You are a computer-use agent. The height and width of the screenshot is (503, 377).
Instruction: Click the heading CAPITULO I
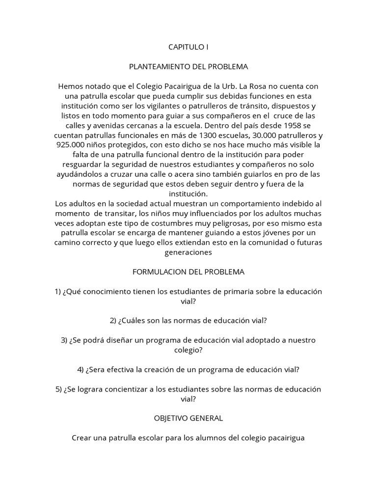188,47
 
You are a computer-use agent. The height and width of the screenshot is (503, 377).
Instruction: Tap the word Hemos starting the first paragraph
70,85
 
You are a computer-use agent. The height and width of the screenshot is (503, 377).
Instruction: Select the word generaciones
188,252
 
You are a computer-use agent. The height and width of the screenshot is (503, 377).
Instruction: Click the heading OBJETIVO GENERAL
188,418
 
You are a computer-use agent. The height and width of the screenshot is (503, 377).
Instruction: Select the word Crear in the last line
81,437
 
